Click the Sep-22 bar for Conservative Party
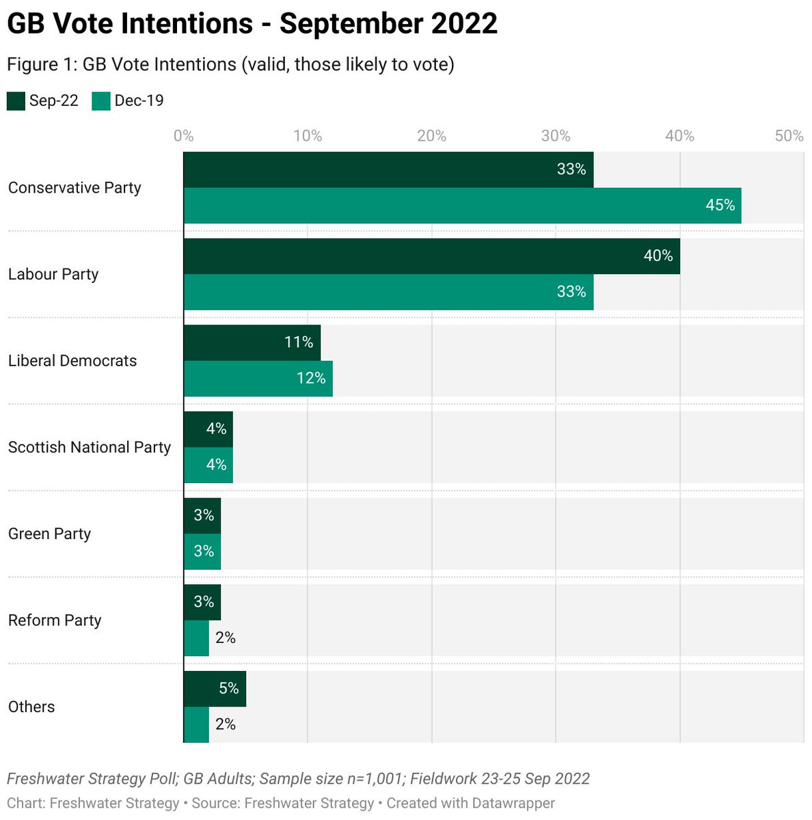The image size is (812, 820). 388,169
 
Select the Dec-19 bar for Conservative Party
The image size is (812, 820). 462,206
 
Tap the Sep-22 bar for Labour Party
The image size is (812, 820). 431,256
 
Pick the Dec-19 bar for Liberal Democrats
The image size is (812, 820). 258,379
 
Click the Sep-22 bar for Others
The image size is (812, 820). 214,689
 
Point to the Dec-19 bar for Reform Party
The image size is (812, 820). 196,638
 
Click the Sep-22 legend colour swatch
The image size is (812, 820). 16,101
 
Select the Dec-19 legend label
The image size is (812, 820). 139,101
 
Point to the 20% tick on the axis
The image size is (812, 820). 431,136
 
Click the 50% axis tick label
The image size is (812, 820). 789,136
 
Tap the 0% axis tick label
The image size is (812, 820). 183,136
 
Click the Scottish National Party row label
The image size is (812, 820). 89,448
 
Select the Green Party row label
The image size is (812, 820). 49,534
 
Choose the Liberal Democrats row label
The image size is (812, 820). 72,361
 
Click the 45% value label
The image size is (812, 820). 720,206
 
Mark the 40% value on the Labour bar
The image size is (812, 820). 658,256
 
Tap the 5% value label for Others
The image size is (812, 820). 228,689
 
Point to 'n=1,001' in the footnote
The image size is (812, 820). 377,779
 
